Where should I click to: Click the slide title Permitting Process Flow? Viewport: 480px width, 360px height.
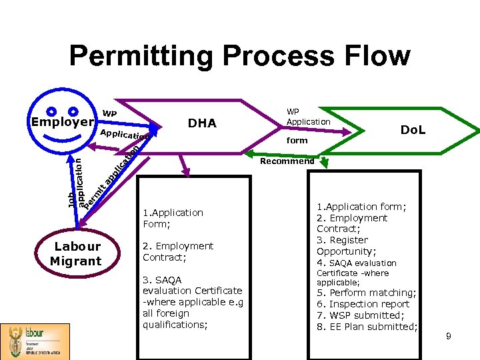239,56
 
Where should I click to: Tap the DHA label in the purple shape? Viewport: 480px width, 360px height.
202,123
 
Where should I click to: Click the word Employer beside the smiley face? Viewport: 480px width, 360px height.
62,122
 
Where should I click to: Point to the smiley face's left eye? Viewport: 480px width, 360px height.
51,111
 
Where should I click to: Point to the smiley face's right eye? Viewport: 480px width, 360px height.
73,111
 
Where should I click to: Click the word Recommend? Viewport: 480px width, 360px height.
287,161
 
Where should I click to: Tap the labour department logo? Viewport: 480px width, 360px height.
35,341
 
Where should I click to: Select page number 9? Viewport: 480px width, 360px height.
449,337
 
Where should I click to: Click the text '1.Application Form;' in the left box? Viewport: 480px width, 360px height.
173,218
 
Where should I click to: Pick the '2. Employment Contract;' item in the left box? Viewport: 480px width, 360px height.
177,251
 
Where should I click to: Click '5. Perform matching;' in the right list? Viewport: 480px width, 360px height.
366,293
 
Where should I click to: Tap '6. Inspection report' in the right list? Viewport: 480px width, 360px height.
363,304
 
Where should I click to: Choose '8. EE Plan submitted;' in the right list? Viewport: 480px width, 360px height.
367,327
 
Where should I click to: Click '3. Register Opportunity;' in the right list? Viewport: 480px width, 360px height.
346,245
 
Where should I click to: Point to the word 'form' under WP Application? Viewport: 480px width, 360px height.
297,140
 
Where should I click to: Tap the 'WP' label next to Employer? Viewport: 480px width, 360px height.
109,114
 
